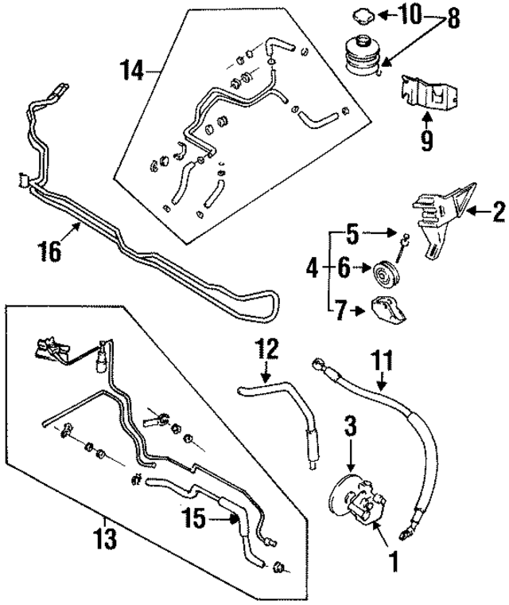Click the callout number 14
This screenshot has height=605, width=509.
click(x=135, y=72)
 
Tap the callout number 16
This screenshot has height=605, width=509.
click(x=49, y=252)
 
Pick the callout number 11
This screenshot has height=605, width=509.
click(x=383, y=361)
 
